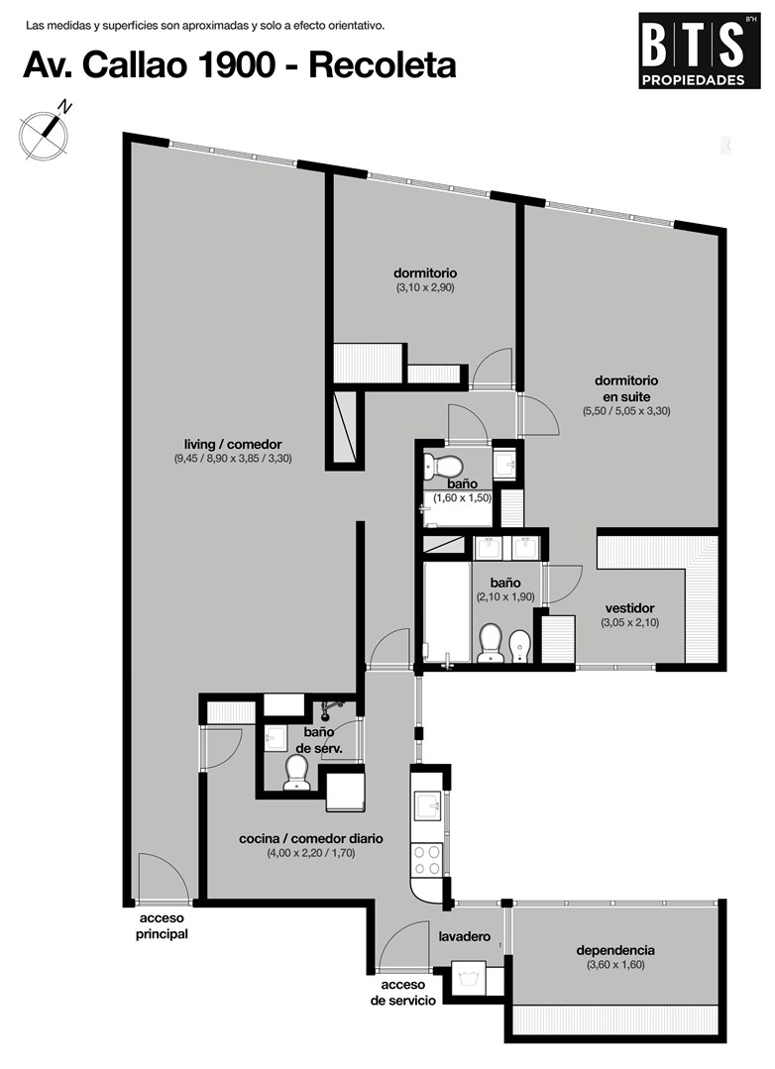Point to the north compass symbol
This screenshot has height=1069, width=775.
click(x=45, y=131)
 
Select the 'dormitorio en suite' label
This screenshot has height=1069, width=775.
click(x=625, y=388)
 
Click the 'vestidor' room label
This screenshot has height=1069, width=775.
click(x=629, y=608)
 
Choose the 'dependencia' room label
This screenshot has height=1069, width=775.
click(x=615, y=950)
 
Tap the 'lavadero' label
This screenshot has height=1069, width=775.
click(x=464, y=936)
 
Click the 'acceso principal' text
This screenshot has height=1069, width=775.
click(x=162, y=926)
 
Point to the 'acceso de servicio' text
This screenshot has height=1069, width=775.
click(x=402, y=993)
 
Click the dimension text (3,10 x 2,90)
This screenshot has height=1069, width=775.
click(x=425, y=287)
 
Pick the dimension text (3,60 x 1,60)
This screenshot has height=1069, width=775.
click(x=615, y=965)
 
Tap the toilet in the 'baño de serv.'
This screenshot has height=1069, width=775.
click(x=296, y=773)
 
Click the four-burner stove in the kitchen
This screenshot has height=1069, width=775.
click(x=427, y=860)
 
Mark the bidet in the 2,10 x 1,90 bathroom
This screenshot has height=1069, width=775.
click(x=520, y=645)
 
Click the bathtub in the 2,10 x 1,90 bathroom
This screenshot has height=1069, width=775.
click(x=448, y=611)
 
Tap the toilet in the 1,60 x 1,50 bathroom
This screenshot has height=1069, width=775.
click(x=443, y=467)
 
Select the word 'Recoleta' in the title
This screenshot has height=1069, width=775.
click(x=383, y=66)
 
